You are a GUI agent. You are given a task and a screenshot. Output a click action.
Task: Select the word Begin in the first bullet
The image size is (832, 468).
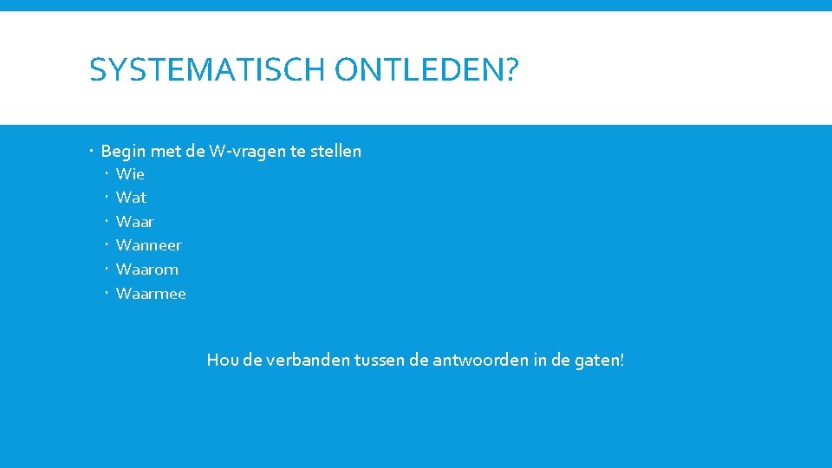coord(123,152)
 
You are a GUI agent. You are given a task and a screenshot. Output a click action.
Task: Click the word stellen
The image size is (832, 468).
coord(335,152)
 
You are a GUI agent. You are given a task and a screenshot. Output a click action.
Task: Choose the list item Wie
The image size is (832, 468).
coord(130,174)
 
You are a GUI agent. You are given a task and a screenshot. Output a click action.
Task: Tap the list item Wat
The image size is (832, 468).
coord(131,198)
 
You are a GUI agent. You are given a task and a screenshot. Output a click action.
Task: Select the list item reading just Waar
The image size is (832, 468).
coord(134,222)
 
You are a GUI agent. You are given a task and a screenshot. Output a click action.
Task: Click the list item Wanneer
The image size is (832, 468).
coord(148,245)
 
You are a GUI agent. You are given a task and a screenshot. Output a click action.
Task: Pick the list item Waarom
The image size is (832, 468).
coord(146,270)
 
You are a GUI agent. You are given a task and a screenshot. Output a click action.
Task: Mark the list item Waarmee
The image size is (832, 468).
coord(151,294)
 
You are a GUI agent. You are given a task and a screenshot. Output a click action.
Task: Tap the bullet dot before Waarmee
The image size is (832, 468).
coord(107,294)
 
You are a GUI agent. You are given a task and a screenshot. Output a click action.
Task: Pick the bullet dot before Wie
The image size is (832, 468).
coord(107,174)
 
